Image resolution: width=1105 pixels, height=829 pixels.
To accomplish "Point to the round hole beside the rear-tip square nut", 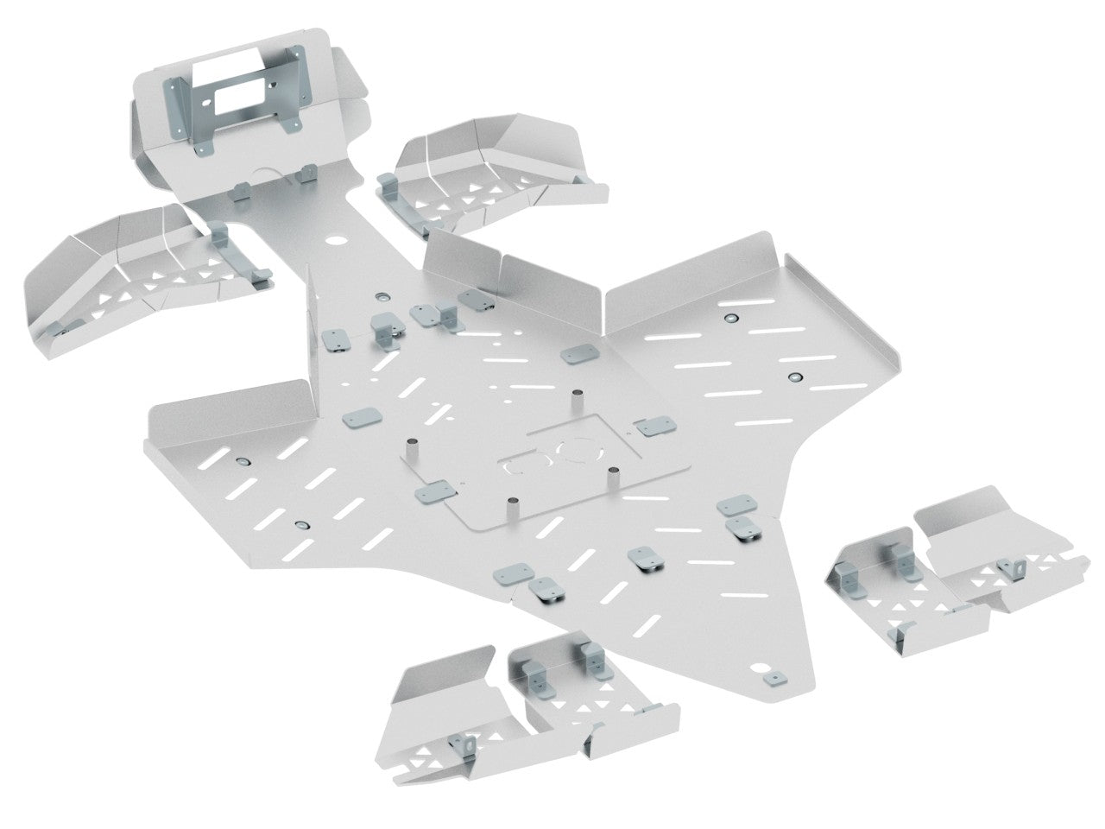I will click(x=761, y=667).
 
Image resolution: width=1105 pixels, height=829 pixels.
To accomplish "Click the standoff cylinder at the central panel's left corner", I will click(x=413, y=448).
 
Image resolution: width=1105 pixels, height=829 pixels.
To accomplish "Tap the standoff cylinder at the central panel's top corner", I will click(x=576, y=399).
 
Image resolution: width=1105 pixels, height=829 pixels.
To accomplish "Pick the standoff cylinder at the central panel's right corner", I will click(x=614, y=474).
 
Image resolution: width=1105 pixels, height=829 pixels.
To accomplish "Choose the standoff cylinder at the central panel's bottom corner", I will click(x=513, y=506).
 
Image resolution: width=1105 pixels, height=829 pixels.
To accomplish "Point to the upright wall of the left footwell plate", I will click(x=229, y=406).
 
